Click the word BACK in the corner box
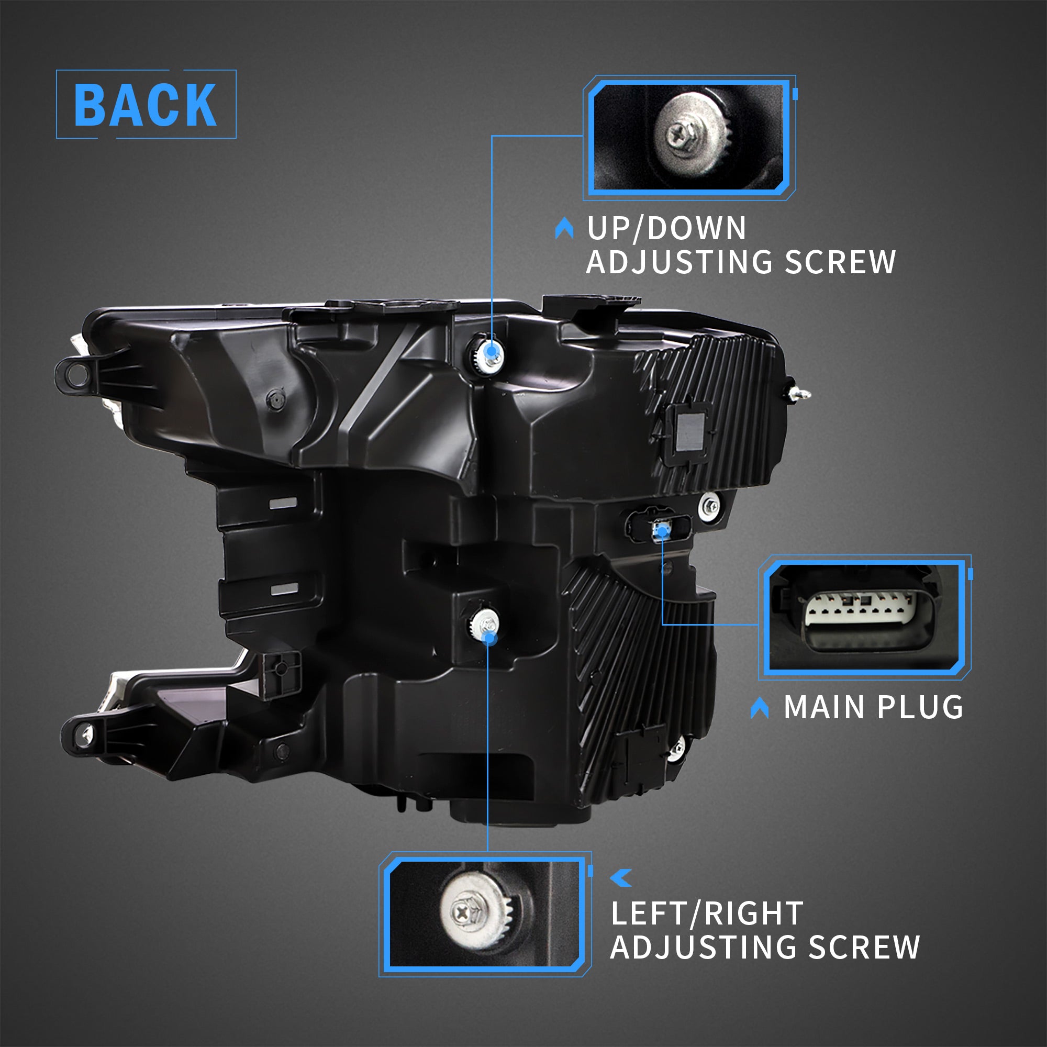(145, 105)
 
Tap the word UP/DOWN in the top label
(666, 228)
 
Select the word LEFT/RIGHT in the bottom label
(707, 914)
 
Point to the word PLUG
(920, 707)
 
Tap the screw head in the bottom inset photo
(462, 913)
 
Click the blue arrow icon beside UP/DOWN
(564, 228)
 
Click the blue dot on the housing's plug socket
(662, 531)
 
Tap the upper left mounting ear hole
(77, 374)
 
